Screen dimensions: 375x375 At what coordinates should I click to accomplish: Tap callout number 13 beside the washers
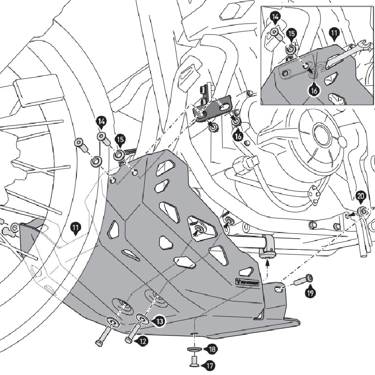click(x=159, y=322)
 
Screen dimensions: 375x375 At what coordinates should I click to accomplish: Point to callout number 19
click(x=309, y=293)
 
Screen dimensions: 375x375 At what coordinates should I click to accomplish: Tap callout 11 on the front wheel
click(x=75, y=228)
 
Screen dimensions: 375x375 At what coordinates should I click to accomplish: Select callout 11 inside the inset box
click(x=334, y=33)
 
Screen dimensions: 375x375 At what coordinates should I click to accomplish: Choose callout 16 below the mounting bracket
click(x=239, y=136)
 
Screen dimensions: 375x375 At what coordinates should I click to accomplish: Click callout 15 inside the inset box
click(x=291, y=35)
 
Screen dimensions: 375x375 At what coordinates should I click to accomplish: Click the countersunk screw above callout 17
click(x=194, y=360)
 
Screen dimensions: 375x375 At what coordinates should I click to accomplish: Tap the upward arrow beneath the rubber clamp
click(x=267, y=265)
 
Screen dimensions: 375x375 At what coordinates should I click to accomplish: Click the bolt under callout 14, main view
click(x=103, y=139)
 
